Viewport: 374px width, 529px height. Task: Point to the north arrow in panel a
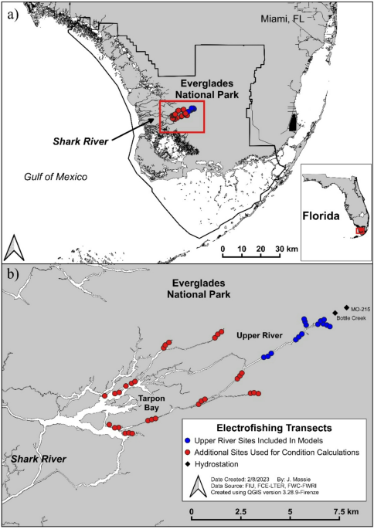point(15,248)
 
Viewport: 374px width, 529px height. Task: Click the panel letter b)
point(12,273)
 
